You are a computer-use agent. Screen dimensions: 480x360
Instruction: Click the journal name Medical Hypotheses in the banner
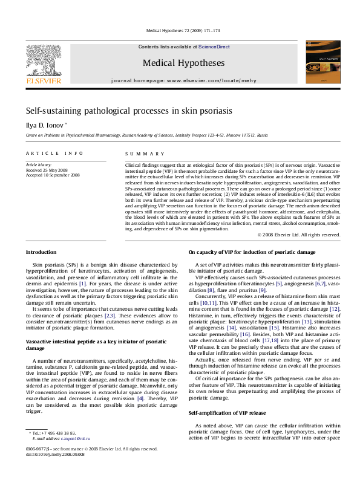180,62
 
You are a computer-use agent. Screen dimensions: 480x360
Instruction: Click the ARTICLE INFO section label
54,154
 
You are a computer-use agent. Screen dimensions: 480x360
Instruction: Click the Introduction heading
41,251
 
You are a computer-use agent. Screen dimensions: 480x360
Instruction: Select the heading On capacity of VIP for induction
251,251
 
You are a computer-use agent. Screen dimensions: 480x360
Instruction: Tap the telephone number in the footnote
60,433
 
